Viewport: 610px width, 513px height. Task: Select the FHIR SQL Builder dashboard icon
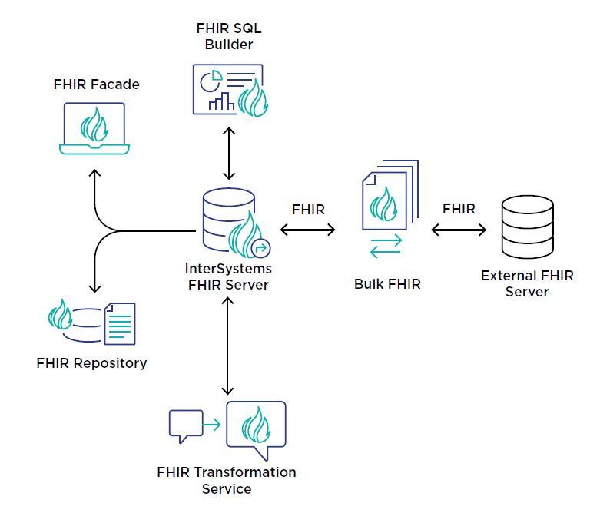(227, 89)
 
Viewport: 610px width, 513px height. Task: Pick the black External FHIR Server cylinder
(526, 227)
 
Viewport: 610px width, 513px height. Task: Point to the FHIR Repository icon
(91, 323)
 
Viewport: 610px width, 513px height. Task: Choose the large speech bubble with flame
(255, 428)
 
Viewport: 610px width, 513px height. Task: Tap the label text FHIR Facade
(97, 84)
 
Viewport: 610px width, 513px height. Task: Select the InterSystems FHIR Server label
(228, 276)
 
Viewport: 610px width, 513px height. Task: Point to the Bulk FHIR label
(387, 283)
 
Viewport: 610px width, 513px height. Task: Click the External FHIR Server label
(527, 283)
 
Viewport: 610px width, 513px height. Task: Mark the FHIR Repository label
(91, 362)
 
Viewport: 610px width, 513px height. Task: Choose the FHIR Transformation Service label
(226, 480)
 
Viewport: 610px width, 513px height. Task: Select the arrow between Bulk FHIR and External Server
(459, 230)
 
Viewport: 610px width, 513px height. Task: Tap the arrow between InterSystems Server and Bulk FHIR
(308, 230)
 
